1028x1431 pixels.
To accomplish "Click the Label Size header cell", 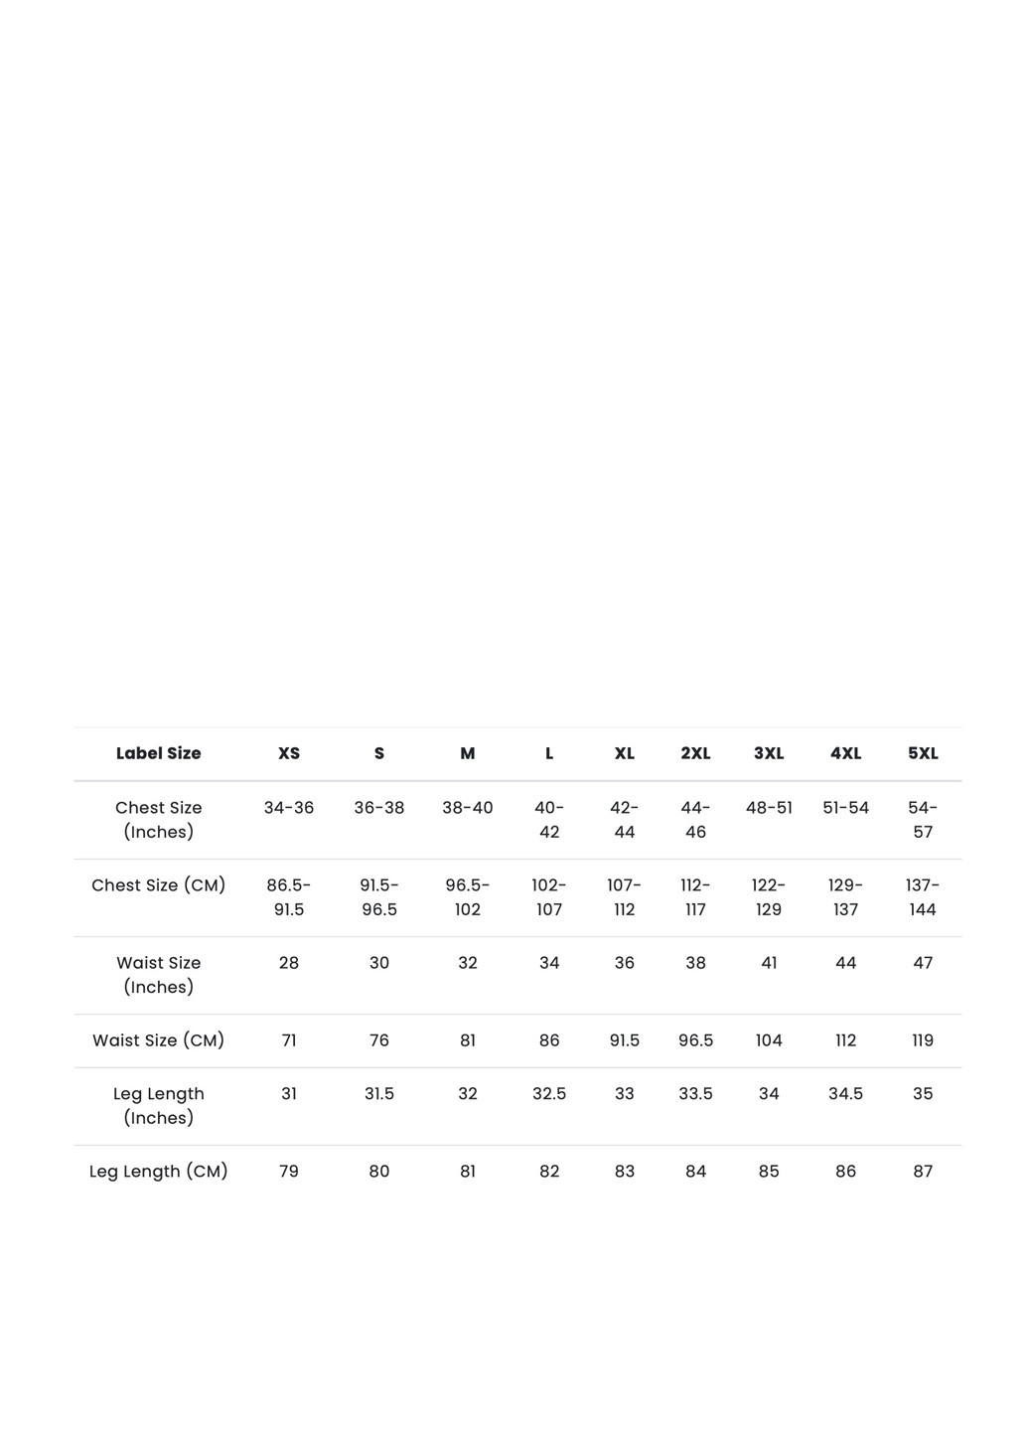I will click(x=158, y=753).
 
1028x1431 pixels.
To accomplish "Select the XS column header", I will click(x=289, y=753).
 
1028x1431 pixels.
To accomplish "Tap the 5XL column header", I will click(x=923, y=753).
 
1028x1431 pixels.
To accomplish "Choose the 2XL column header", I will click(x=695, y=753).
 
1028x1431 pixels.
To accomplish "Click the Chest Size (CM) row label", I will click(x=158, y=885).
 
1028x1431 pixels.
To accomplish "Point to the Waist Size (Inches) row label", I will click(x=158, y=975).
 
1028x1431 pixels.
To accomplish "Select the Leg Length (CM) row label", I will click(x=158, y=1172).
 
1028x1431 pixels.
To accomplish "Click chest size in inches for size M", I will click(x=468, y=808).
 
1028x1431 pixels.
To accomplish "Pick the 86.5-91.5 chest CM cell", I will click(x=289, y=897).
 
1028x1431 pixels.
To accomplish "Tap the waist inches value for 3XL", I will click(x=769, y=963).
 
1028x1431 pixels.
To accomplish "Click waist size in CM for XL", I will click(x=624, y=1040).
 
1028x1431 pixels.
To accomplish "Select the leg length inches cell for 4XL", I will click(x=845, y=1094).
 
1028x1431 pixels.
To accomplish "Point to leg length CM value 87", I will click(x=923, y=1172).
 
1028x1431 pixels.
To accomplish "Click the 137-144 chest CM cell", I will click(x=923, y=897).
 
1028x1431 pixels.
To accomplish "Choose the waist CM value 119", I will click(x=923, y=1040).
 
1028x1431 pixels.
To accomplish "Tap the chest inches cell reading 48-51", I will click(x=769, y=808).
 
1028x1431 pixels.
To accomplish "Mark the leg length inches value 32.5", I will click(x=549, y=1094).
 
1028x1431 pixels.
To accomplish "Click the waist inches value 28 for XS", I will click(x=289, y=963).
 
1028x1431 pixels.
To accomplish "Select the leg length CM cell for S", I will click(x=379, y=1172).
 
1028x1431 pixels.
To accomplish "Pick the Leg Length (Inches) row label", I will click(x=158, y=1106).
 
